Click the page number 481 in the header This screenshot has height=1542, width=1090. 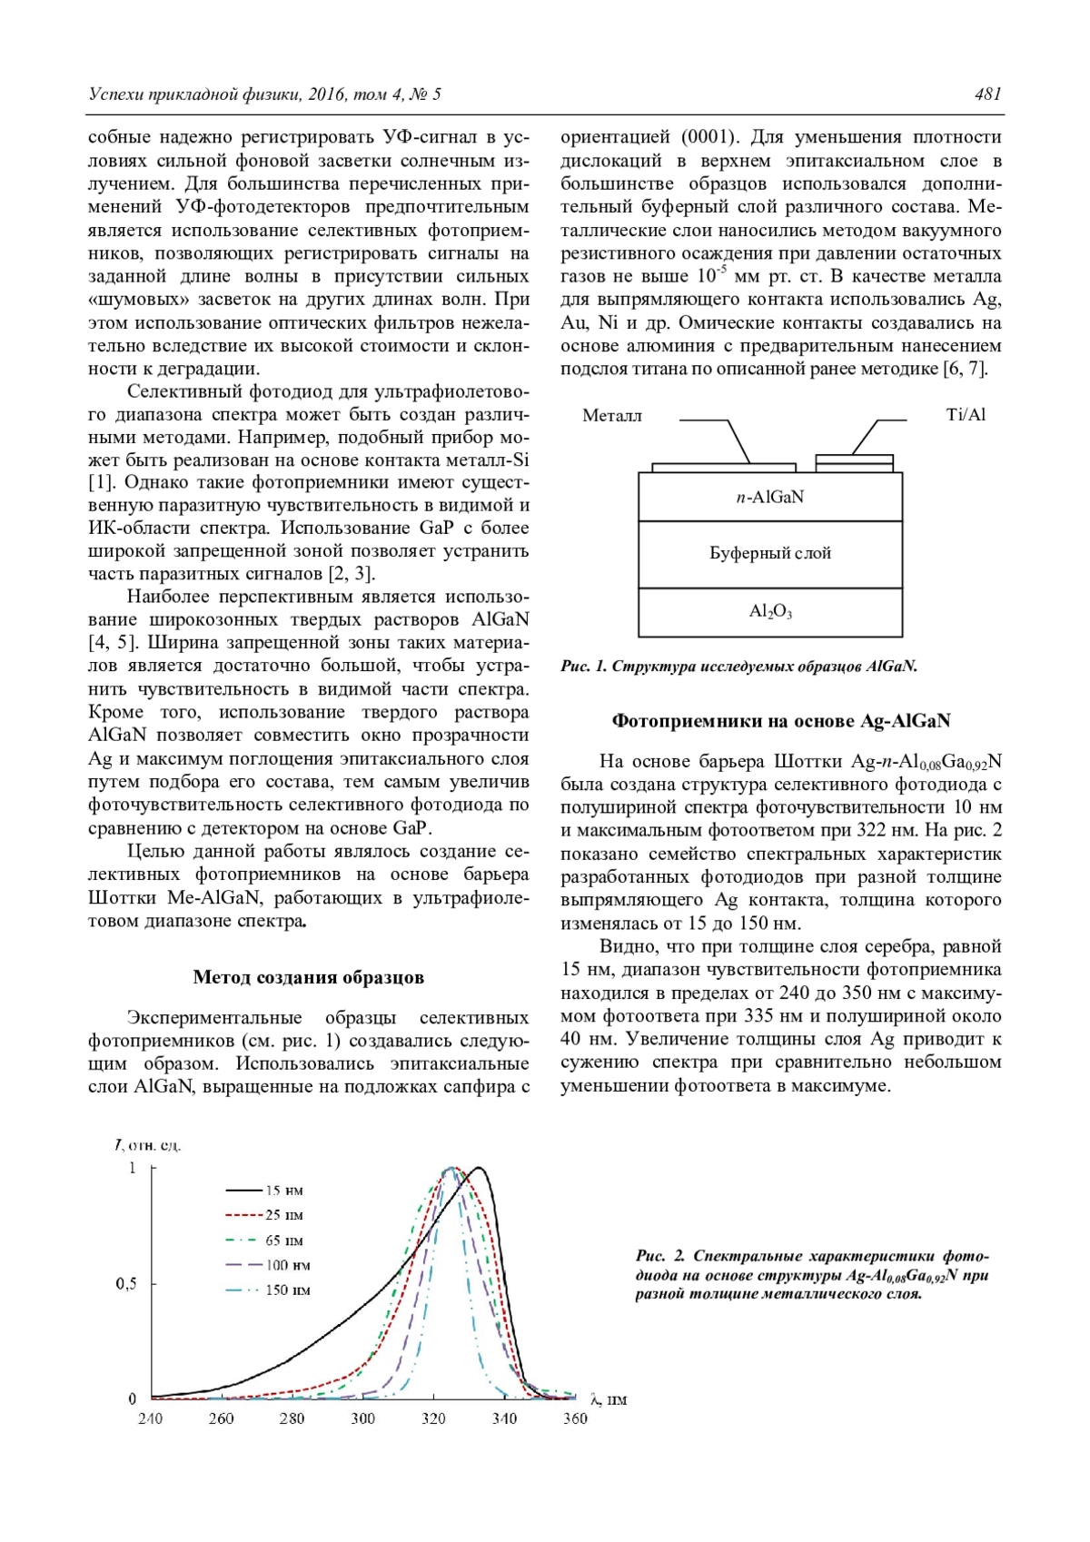click(x=987, y=94)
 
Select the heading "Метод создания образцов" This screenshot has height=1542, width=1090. click(x=308, y=977)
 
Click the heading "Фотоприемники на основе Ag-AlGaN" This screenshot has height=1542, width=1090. click(x=780, y=721)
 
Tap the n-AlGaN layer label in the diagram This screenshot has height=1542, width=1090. click(x=769, y=497)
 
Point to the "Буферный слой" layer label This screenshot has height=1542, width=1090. click(x=769, y=553)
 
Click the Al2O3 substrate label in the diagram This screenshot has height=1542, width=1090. click(x=769, y=612)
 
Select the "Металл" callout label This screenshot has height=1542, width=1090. click(x=611, y=416)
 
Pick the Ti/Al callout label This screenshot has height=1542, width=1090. click(x=966, y=415)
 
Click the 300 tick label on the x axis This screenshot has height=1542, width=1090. click(x=362, y=1418)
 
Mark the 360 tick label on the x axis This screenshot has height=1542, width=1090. click(x=575, y=1418)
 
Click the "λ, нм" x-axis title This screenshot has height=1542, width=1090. click(x=608, y=1399)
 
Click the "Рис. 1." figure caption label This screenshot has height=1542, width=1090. click(x=583, y=667)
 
